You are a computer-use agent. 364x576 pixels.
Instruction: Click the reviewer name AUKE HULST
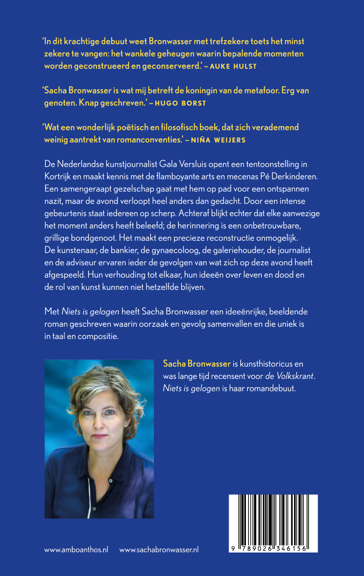pyautogui.click(x=233, y=66)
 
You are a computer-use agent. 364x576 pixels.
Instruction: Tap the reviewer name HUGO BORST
pyautogui.click(x=180, y=103)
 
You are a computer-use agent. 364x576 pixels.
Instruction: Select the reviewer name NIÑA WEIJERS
pyautogui.click(x=218, y=140)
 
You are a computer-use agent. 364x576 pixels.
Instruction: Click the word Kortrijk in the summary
pyautogui.click(x=57, y=177)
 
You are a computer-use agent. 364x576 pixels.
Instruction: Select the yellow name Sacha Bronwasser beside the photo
pyautogui.click(x=197, y=364)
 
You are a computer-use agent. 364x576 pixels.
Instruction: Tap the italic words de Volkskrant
pyautogui.click(x=289, y=376)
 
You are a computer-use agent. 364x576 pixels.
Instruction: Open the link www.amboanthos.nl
pyautogui.click(x=76, y=550)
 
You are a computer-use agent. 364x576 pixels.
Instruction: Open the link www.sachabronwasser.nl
pyautogui.click(x=159, y=550)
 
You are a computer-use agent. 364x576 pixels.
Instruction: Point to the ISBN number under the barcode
pyautogui.click(x=269, y=549)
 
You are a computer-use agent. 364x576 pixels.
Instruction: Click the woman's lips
pyautogui.click(x=100, y=436)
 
